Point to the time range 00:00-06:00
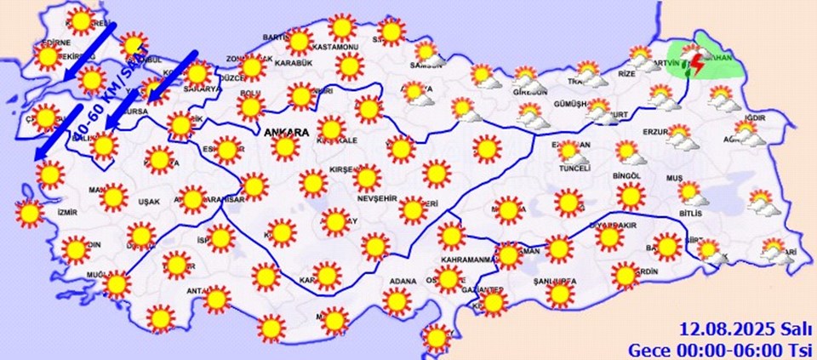click(x=731, y=349)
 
